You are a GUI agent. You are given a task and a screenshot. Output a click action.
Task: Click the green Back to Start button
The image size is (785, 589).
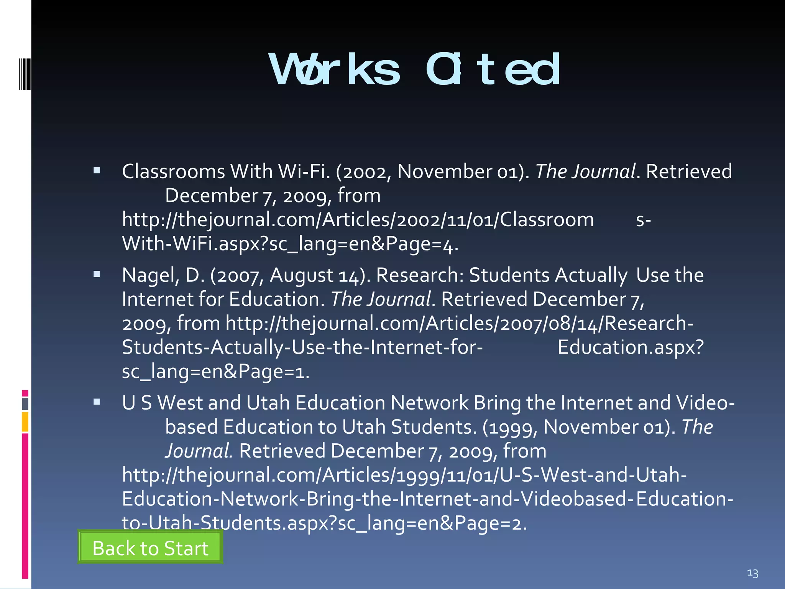pyautogui.click(x=150, y=548)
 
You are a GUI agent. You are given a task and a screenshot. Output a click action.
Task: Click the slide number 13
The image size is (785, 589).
pyautogui.click(x=752, y=573)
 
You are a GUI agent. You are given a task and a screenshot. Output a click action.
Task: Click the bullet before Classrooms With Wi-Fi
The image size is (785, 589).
pyautogui.click(x=97, y=171)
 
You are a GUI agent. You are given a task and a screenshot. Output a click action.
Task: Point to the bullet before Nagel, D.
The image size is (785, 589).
pyautogui.click(x=97, y=274)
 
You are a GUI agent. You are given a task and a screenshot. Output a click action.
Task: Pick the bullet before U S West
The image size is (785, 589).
pyautogui.click(x=97, y=402)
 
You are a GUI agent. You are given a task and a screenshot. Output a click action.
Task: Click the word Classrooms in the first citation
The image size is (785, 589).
pyautogui.click(x=173, y=171)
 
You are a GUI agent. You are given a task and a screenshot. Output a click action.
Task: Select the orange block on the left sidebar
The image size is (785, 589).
pyautogui.click(x=25, y=421)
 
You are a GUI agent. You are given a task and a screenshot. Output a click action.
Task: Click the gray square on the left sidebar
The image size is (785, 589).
pyautogui.click(x=25, y=404)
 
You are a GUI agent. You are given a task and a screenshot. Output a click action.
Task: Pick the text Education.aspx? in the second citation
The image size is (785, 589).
pyautogui.click(x=631, y=347)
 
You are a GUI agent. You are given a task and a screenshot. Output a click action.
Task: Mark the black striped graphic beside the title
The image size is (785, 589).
pyautogui.click(x=25, y=74)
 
